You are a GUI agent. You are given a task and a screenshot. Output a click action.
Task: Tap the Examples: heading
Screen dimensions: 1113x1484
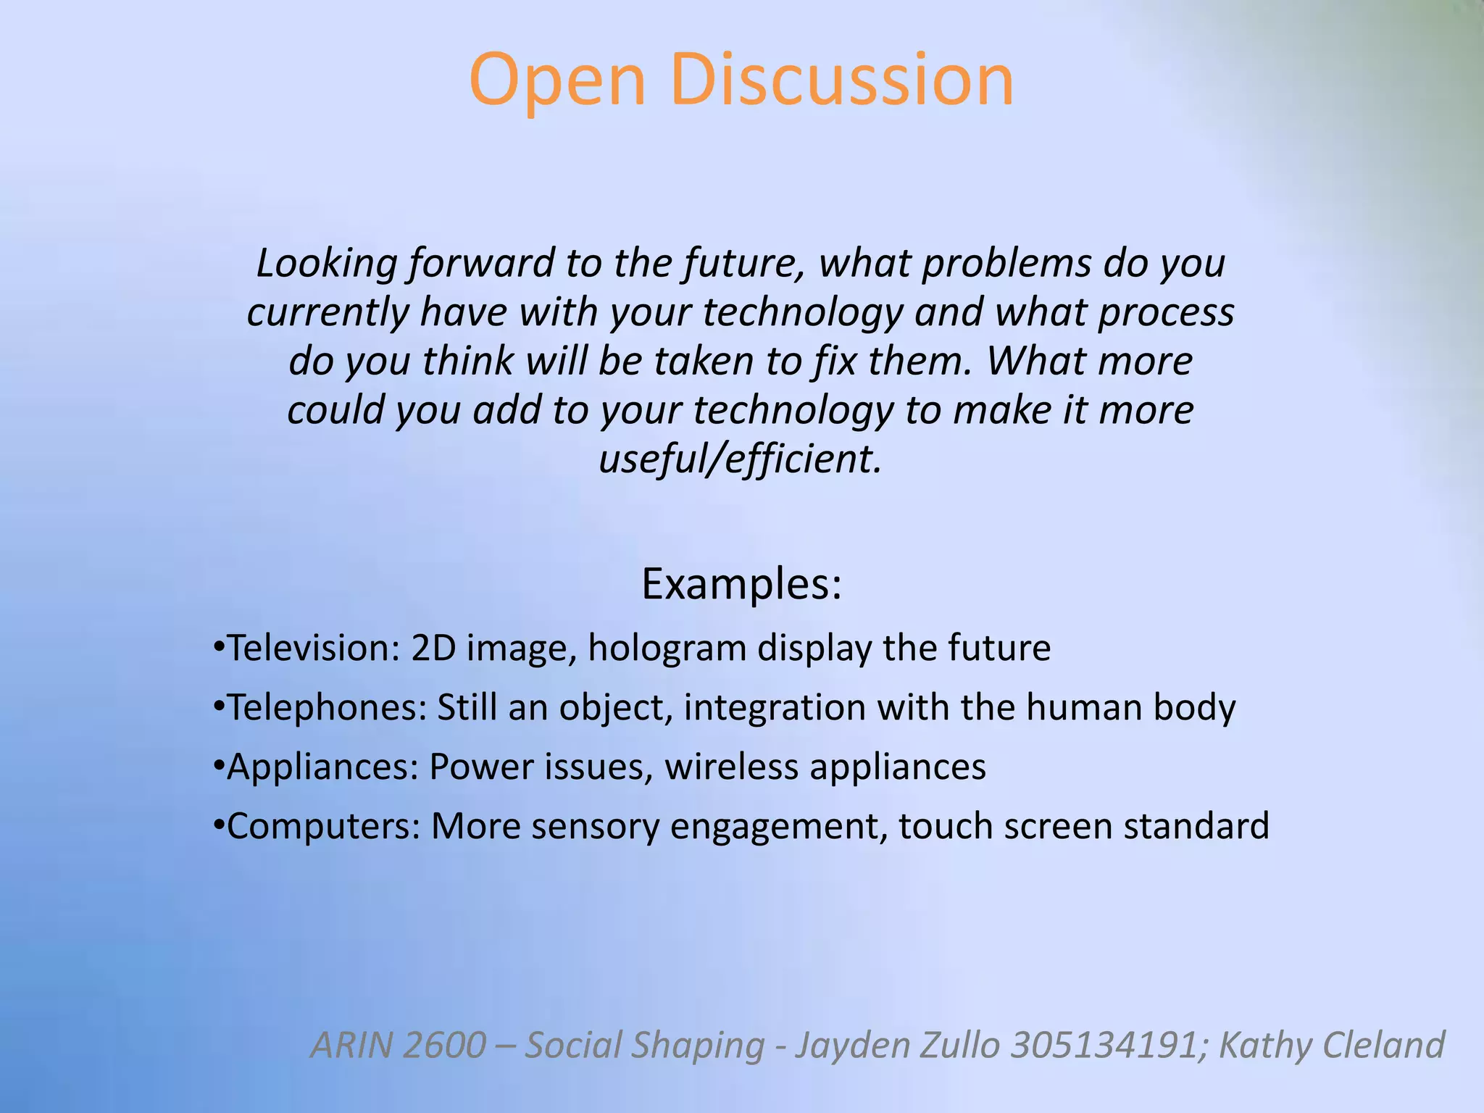[x=741, y=584]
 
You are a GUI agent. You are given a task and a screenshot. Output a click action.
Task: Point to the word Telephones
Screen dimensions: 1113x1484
[x=326, y=707]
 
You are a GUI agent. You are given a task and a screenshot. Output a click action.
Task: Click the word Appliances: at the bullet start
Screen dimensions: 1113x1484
[x=322, y=767]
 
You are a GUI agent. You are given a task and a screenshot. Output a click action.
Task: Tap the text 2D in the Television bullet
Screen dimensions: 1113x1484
[x=433, y=648]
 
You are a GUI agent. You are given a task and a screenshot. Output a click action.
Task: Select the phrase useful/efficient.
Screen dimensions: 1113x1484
[x=741, y=459]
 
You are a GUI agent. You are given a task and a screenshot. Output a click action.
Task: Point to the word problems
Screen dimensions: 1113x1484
[x=1006, y=264]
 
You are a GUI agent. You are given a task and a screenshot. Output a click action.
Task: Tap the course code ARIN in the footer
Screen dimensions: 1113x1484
[x=353, y=1045]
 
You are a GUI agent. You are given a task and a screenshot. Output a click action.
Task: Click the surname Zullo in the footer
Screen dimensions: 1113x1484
[x=959, y=1045]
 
